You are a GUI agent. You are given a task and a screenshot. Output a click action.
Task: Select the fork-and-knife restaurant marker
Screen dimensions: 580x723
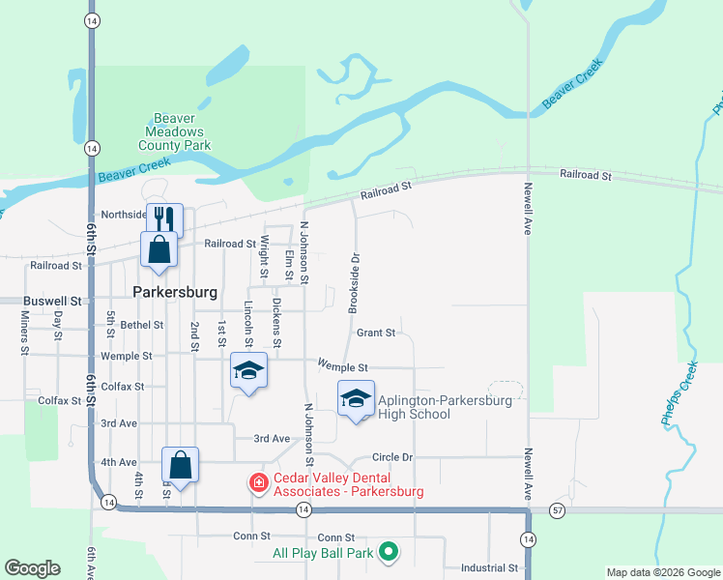(164, 219)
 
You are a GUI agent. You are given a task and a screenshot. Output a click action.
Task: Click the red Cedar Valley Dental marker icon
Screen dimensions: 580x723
(258, 481)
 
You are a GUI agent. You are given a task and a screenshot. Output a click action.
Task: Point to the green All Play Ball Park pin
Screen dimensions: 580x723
(389, 553)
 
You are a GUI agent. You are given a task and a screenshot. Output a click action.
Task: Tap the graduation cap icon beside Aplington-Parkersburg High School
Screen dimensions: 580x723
(356, 398)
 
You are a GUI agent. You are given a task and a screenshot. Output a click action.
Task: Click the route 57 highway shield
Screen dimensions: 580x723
(558, 509)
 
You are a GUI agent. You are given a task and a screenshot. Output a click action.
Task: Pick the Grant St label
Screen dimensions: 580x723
(376, 333)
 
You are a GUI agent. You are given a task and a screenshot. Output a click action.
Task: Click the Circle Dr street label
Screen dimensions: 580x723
(392, 457)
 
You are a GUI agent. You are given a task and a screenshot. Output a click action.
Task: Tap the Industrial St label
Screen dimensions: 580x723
(489, 567)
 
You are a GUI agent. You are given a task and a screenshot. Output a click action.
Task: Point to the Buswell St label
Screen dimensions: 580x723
(54, 302)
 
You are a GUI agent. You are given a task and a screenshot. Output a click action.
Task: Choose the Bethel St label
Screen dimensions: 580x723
(142, 326)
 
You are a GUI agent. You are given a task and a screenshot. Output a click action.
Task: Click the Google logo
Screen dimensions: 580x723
(32, 568)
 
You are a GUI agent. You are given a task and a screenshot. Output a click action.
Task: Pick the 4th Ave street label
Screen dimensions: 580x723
(119, 462)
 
